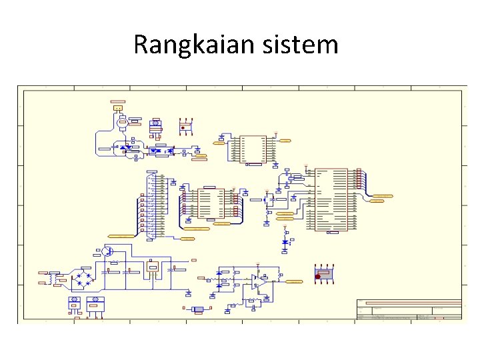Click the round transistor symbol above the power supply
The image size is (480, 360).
point(107,251)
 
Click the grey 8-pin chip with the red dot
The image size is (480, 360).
point(324,273)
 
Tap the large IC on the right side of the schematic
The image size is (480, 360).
point(331,199)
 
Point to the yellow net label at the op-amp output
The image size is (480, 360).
point(294,282)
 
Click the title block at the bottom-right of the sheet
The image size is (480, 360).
point(409,311)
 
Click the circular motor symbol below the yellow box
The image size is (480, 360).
point(122,122)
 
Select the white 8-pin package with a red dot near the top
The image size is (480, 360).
point(185,127)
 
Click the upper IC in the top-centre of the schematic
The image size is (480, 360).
point(253,149)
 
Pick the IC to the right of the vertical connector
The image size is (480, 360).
point(212,203)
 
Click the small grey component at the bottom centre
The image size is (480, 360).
point(197,309)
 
